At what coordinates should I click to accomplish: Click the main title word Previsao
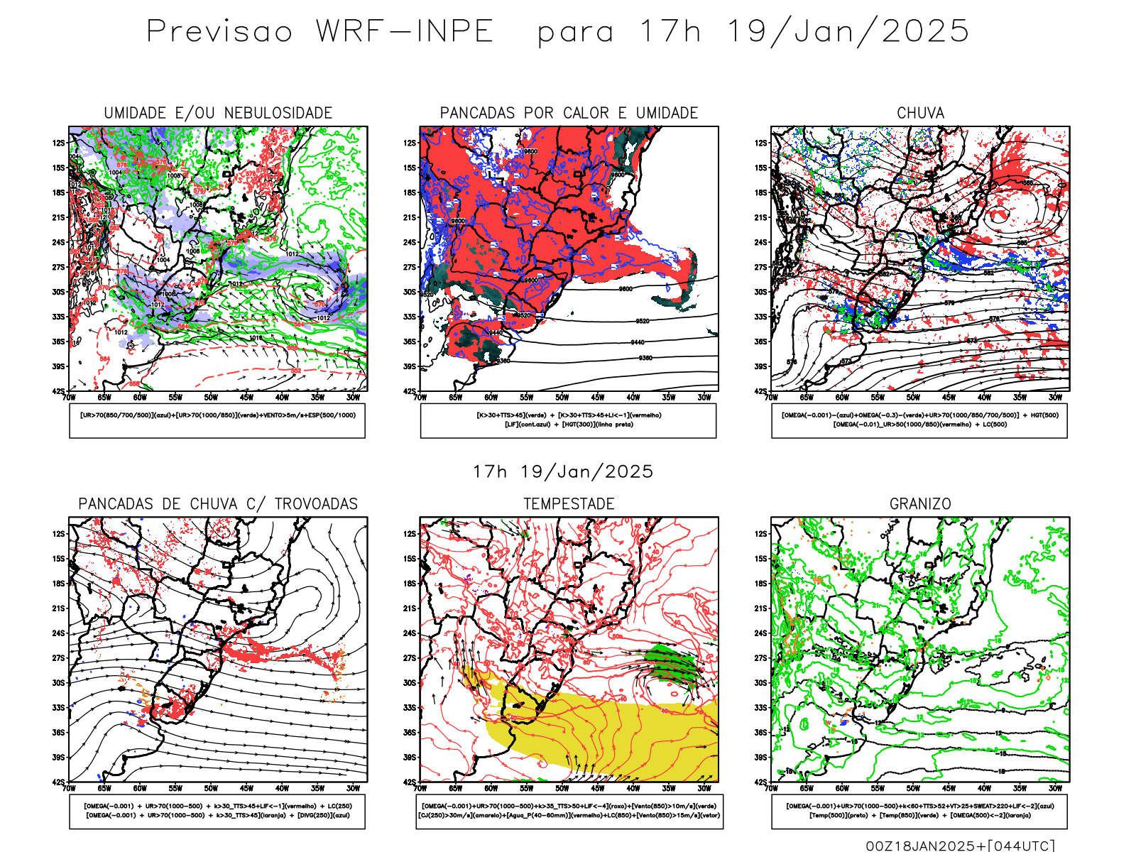[x=219, y=32]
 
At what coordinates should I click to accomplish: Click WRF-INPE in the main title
[x=405, y=32]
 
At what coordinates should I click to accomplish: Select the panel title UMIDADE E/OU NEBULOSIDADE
[x=218, y=113]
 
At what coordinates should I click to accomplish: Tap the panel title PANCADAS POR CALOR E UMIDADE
[x=569, y=113]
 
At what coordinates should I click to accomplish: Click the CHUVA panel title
[x=920, y=113]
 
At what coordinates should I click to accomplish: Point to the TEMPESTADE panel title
[x=569, y=504]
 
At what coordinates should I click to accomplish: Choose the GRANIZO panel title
[x=920, y=504]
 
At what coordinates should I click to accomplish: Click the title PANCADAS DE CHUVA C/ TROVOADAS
[x=218, y=504]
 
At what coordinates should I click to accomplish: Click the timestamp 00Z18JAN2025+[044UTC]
[x=961, y=846]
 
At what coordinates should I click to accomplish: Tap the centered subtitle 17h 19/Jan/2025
[x=563, y=472]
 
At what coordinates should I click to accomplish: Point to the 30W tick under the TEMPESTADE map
[x=704, y=788]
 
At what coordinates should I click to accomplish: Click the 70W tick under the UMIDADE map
[x=69, y=398]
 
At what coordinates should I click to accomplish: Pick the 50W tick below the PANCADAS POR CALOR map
[x=562, y=398]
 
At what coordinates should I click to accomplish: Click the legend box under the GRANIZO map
[x=919, y=811]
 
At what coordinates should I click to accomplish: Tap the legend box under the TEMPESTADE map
[x=569, y=811]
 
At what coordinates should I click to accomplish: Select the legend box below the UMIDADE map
[x=217, y=420]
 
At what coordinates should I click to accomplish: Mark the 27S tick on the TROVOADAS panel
[x=58, y=658]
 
